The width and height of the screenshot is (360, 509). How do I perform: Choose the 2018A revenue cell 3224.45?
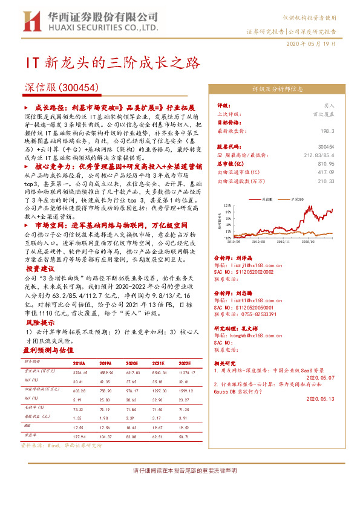tap(79, 372)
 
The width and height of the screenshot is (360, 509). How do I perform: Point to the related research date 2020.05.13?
tap(321, 399)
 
